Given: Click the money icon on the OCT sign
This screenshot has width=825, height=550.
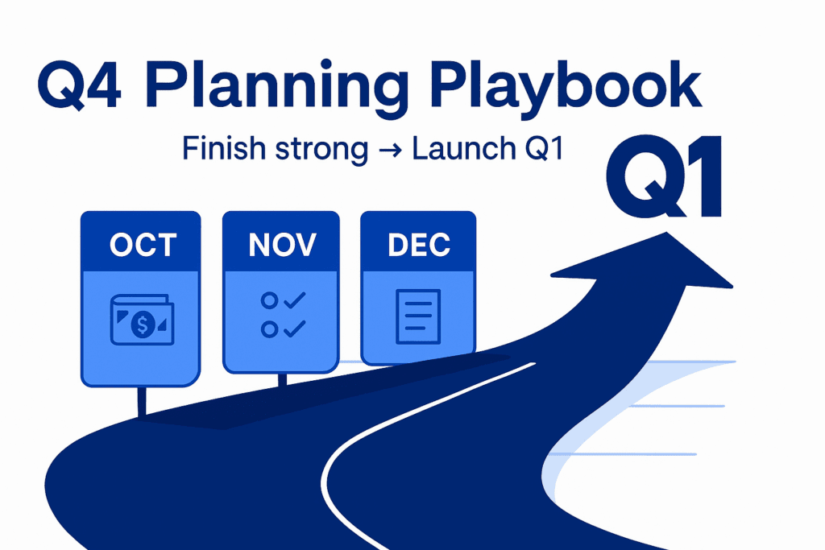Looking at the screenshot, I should click(142, 323).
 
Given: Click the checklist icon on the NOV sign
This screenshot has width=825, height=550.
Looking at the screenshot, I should click(282, 315).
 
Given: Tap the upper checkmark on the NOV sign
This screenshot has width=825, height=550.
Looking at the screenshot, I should click(294, 301).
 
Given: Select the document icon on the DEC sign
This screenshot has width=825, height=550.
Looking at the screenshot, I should click(417, 315).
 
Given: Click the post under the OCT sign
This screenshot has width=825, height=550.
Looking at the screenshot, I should click(143, 401).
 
